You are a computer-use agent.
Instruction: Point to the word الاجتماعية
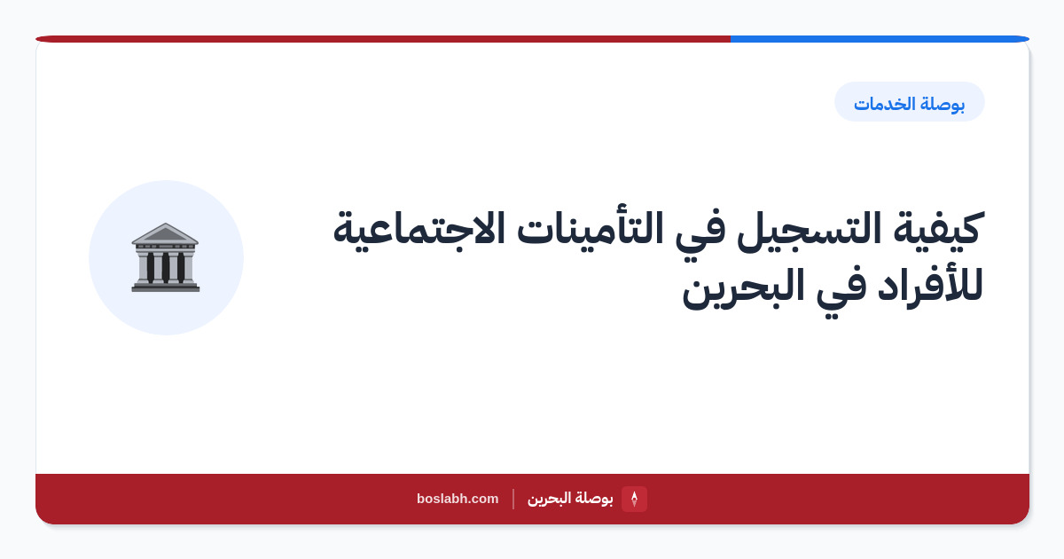tap(419, 229)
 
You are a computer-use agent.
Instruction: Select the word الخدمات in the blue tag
tap(884, 104)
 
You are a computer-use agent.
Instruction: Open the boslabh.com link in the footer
tap(458, 499)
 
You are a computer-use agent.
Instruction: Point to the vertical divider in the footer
tap(513, 499)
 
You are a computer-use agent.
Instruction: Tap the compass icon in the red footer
tap(634, 499)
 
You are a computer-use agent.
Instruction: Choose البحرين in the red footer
tap(549, 499)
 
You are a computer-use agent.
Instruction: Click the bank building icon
tap(165, 257)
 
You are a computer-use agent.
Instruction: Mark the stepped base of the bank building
tap(165, 286)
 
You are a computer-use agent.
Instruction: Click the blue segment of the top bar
tap(880, 39)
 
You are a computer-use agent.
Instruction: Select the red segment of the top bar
tap(383, 39)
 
